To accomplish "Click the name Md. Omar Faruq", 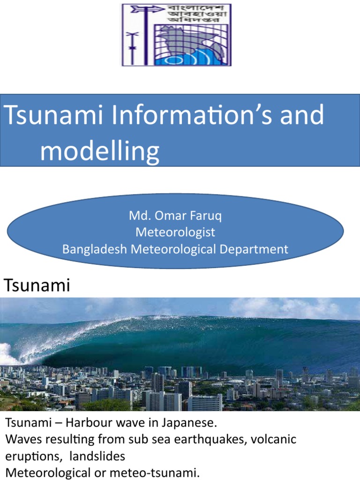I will click(x=175, y=217).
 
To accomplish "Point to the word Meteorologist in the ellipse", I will click(x=175, y=232).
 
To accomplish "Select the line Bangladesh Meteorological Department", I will click(x=175, y=249).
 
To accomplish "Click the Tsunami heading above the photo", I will click(x=37, y=285).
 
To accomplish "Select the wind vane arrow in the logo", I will click(x=142, y=9).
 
